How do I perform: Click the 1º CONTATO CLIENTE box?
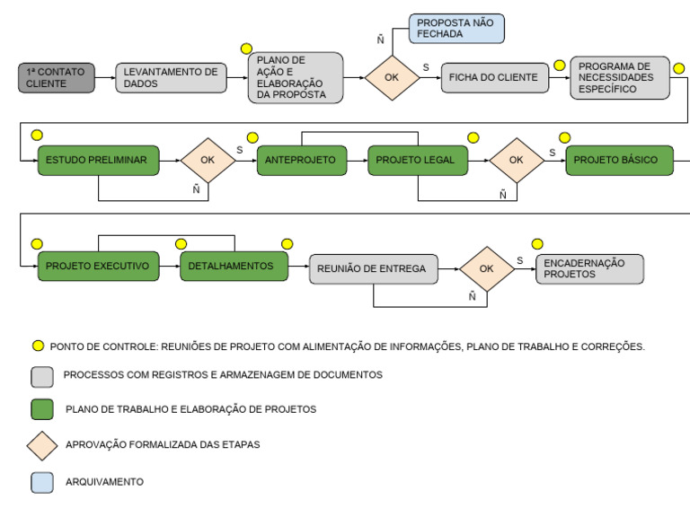coord(56,77)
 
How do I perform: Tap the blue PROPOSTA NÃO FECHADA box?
coord(456,28)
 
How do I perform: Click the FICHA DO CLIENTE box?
coord(495,77)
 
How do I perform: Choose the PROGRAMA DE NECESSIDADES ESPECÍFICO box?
coord(619,77)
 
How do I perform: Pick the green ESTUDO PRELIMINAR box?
coord(98,160)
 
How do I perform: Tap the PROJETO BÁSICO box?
coord(617,160)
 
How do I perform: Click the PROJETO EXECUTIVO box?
coord(98,267)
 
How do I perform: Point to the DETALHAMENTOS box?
coord(233,267)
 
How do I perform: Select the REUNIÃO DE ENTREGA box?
coord(374,268)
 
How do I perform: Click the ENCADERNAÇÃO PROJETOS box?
coord(589,268)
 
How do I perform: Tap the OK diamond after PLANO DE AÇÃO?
coord(392,77)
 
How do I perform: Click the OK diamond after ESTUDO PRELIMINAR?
coord(208,160)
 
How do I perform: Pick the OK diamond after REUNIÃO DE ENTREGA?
coord(486,268)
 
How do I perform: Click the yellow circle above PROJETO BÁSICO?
coord(565,137)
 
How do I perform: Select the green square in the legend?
coord(41,409)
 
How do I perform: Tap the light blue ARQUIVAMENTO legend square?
coord(41,481)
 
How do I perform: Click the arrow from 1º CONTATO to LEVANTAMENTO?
coord(105,77)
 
